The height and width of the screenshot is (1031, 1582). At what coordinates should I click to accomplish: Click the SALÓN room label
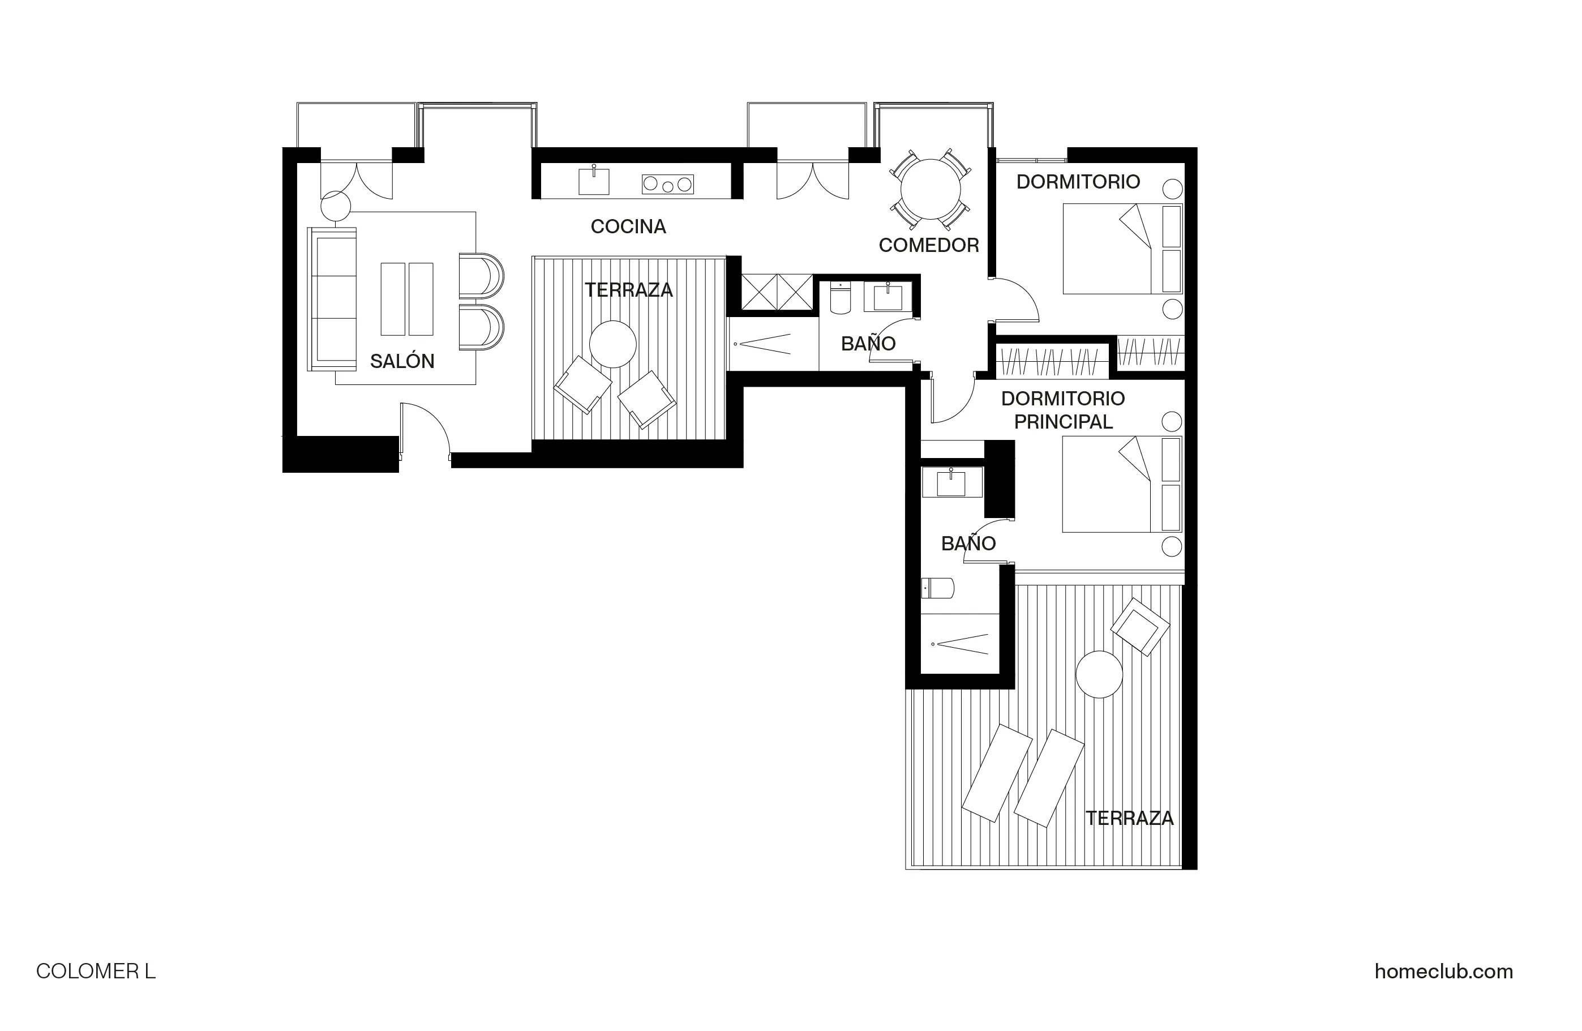(401, 361)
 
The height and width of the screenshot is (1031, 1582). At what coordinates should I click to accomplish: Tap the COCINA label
(628, 226)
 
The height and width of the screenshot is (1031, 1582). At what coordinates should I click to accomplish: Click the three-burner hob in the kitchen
(667, 184)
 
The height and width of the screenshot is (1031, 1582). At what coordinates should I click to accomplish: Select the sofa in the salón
(332, 299)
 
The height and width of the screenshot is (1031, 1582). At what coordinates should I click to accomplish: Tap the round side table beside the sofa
(335, 207)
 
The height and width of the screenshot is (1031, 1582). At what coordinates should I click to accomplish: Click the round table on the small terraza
(612, 344)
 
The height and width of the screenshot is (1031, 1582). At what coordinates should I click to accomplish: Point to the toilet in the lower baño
(937, 588)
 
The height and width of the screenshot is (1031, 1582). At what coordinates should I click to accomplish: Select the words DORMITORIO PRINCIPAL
(1062, 410)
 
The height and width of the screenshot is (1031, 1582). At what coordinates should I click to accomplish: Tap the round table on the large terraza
(1099, 674)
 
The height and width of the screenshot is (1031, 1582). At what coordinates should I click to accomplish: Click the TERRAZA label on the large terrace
(1129, 818)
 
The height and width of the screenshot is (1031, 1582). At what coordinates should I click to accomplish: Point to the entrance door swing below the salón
(426, 429)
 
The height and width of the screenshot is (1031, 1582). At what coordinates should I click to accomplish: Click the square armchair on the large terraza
(1139, 627)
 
